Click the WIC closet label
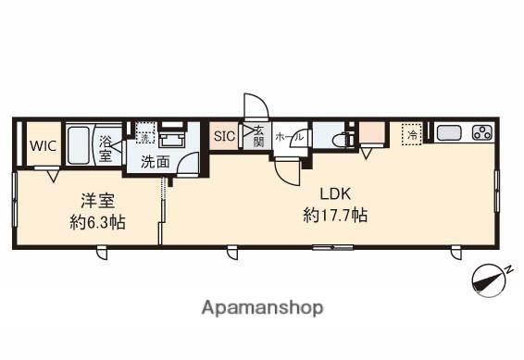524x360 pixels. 41,145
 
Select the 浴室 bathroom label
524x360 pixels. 106,149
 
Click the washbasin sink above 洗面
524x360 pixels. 170,140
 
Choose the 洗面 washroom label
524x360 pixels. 155,161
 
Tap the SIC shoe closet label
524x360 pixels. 225,137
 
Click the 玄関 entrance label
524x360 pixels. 258,137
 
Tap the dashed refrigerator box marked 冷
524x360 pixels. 410,135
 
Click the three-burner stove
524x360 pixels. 481,132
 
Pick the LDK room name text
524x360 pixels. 334,194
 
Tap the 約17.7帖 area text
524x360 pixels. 334,216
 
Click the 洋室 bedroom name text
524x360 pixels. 90,200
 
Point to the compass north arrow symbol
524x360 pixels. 491,279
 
